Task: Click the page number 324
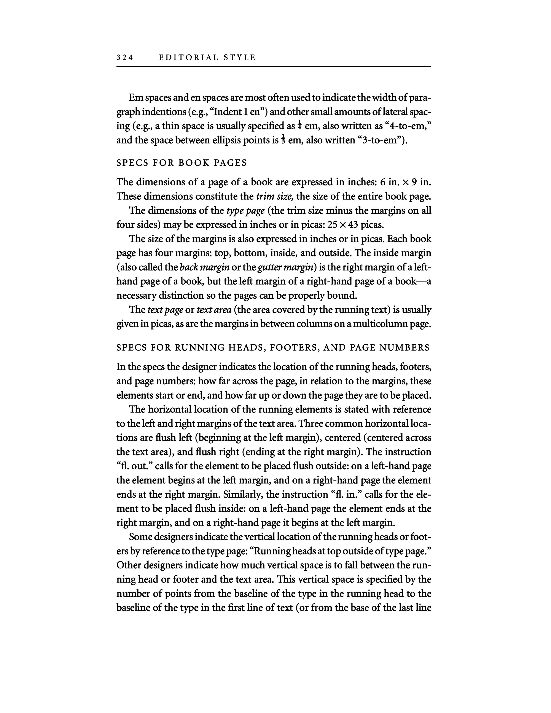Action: (125, 58)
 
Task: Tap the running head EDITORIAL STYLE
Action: (207, 58)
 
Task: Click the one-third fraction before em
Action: (283, 140)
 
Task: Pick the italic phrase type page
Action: (245, 211)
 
